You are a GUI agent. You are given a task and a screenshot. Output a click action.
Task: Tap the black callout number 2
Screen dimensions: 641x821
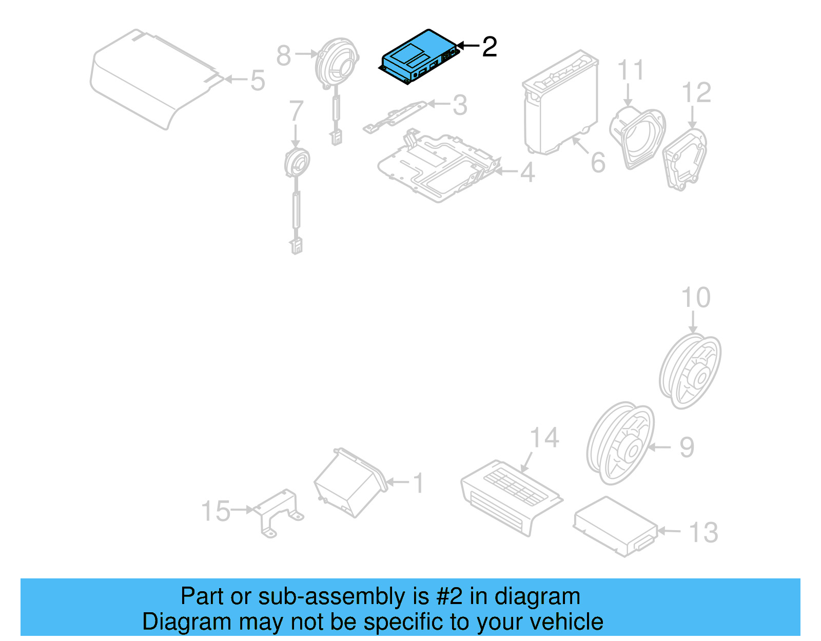click(x=490, y=47)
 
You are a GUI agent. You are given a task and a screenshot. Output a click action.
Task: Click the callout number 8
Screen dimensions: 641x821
click(x=283, y=55)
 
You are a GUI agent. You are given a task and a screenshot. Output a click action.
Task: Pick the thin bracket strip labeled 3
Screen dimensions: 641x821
click(x=395, y=117)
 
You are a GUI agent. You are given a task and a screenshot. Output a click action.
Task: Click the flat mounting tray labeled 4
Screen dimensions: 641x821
click(x=436, y=167)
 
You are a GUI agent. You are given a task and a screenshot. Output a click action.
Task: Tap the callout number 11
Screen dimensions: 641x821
click(x=631, y=70)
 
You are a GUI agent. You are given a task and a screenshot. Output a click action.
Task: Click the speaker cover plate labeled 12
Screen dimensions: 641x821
click(x=685, y=159)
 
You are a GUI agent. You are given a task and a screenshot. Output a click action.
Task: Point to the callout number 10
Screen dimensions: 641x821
click(x=695, y=298)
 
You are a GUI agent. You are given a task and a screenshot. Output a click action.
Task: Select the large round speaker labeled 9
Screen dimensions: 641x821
click(x=620, y=444)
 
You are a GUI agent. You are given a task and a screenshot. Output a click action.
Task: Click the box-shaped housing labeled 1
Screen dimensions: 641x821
click(x=349, y=482)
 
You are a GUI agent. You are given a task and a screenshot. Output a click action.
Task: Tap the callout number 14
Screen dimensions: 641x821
click(x=544, y=438)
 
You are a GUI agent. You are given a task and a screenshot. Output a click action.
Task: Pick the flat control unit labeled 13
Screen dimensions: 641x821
click(x=615, y=526)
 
